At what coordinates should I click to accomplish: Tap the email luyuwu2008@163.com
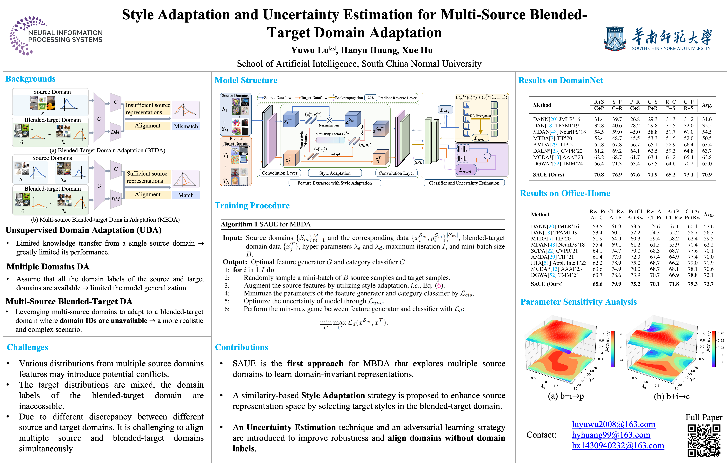pyautogui.click(x=613, y=424)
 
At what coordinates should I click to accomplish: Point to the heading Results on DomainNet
pyautogui.click(x=560, y=80)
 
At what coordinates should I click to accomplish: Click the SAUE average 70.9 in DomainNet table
pyautogui.click(x=707, y=175)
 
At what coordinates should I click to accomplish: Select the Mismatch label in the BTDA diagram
pyautogui.click(x=186, y=126)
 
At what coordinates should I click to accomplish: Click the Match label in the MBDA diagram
pyautogui.click(x=186, y=195)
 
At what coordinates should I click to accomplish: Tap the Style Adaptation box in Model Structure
pyautogui.click(x=335, y=173)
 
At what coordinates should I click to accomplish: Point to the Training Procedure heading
pyautogui.click(x=252, y=206)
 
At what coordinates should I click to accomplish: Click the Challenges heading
pyautogui.click(x=27, y=347)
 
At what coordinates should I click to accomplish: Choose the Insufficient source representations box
pyautogui.click(x=148, y=109)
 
